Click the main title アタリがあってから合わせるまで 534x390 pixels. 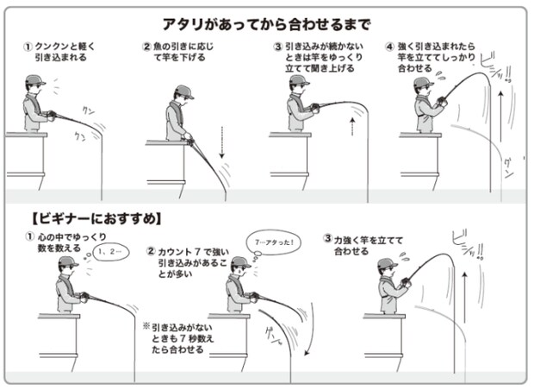point(267,23)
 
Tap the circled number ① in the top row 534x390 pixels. point(27,46)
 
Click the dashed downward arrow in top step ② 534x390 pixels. point(222,142)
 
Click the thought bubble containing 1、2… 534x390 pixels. point(109,251)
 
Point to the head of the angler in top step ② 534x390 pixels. point(183,94)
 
